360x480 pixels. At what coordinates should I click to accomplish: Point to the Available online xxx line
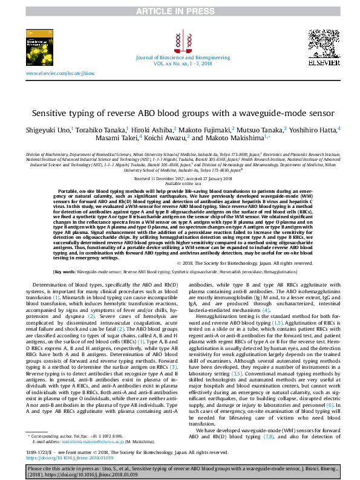[180, 184]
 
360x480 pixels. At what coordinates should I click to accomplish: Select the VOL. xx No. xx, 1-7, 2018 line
[179, 62]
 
